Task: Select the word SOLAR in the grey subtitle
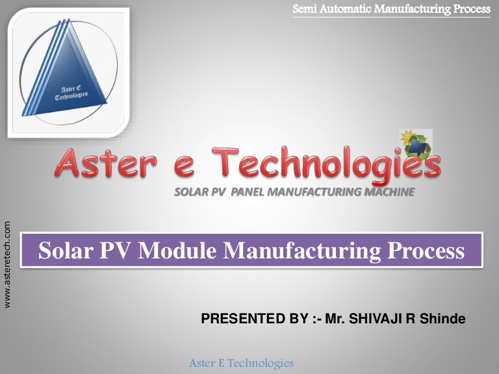coord(190,192)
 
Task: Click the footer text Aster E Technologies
coord(241,363)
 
